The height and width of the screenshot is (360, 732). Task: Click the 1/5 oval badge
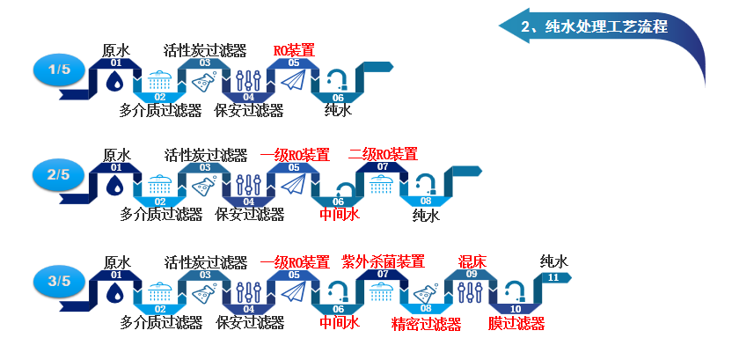(x=58, y=69)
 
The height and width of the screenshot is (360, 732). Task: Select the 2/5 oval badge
(x=58, y=174)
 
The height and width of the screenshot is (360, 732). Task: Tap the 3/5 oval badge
(x=58, y=281)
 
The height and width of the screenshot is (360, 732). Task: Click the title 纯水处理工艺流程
(x=595, y=26)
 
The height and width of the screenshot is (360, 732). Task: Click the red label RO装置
(x=294, y=50)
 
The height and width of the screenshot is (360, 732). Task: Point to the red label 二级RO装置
(x=383, y=155)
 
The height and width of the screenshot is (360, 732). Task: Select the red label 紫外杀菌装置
(x=383, y=261)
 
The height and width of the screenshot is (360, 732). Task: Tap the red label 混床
(x=472, y=261)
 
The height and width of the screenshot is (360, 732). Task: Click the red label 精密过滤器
(x=427, y=323)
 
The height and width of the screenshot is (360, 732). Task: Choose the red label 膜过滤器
(x=516, y=323)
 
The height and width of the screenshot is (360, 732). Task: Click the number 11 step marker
(x=553, y=277)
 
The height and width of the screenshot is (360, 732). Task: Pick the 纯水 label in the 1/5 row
(x=338, y=111)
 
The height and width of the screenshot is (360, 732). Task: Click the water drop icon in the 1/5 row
(x=115, y=81)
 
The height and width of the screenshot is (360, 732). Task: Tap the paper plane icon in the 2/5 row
(x=294, y=184)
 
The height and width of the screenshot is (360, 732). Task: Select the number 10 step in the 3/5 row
(x=516, y=309)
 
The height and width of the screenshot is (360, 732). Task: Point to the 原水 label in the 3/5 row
(x=117, y=261)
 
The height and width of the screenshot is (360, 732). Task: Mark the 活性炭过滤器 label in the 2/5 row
(x=206, y=155)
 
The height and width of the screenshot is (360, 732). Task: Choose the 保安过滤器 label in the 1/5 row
(x=249, y=111)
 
